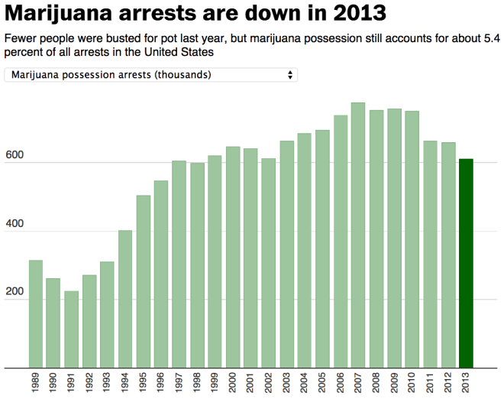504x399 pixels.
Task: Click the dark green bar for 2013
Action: [x=466, y=263]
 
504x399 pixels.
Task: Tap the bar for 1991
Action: [x=71, y=329]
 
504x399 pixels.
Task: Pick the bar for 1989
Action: [x=36, y=313]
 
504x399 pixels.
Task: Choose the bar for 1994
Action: [x=125, y=298]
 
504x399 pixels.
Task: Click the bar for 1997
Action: [x=179, y=264]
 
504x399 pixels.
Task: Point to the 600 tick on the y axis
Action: [x=16, y=156]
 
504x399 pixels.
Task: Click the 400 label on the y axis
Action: [x=16, y=225]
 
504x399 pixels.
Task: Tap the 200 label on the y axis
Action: [x=16, y=293]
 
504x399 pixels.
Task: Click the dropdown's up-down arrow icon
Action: [x=289, y=75]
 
